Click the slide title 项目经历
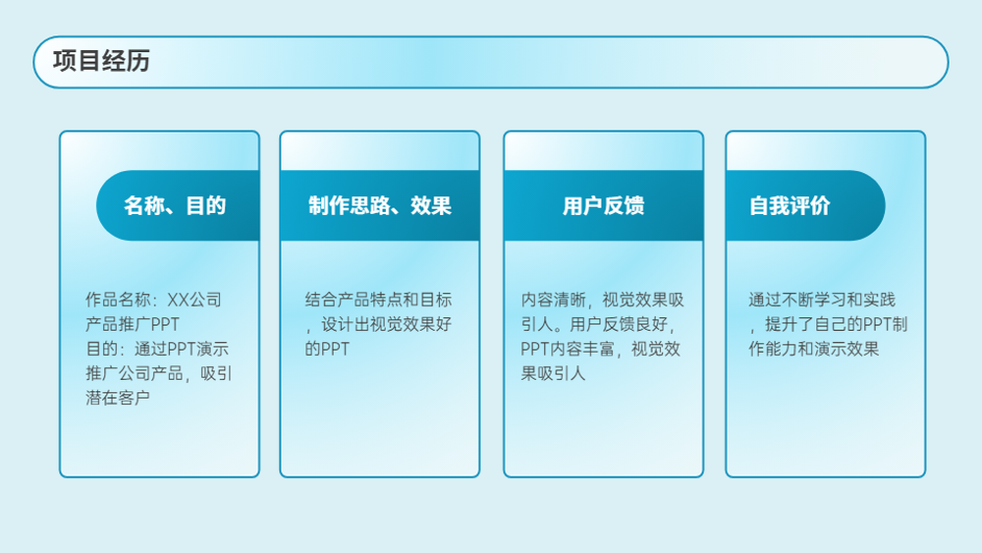pyautogui.click(x=101, y=61)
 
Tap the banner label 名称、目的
pyautogui.click(x=175, y=205)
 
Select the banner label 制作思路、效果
pyautogui.click(x=379, y=205)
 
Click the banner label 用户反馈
pyautogui.click(x=603, y=205)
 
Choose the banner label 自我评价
pyautogui.click(x=790, y=205)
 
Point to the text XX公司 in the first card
pyautogui.click(x=194, y=300)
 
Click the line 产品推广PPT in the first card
pyautogui.click(x=133, y=324)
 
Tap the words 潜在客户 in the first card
pyautogui.click(x=118, y=398)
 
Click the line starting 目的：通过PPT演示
pyautogui.click(x=157, y=349)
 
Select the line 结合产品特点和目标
pyautogui.click(x=378, y=300)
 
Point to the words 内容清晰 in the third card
pyautogui.click(x=553, y=300)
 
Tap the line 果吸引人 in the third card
pyautogui.click(x=553, y=373)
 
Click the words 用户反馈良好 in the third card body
pyautogui.click(x=618, y=324)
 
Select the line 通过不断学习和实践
pyautogui.click(x=822, y=300)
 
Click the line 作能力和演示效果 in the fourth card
pyautogui.click(x=813, y=349)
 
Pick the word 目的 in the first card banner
pyautogui.click(x=206, y=205)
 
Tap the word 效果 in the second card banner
pyautogui.click(x=431, y=205)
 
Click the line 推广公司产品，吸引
pyautogui.click(x=159, y=373)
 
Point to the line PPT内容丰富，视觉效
pyautogui.click(x=601, y=349)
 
